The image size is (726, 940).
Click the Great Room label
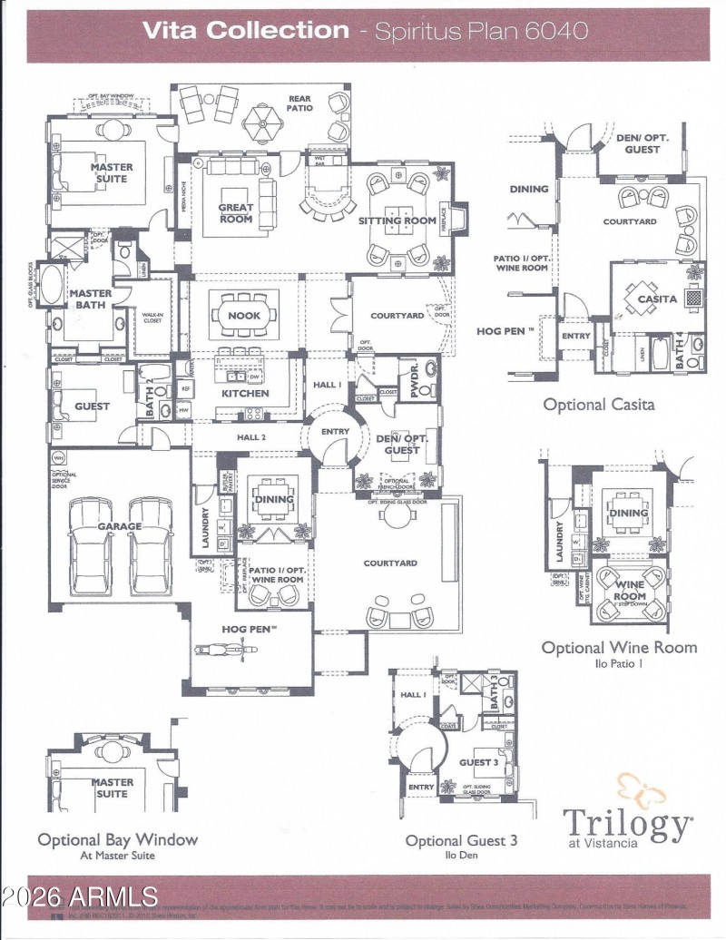coord(235,212)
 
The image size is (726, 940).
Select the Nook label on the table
coord(244,316)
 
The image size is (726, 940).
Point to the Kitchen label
coord(245,394)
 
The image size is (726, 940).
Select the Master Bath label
coord(91,299)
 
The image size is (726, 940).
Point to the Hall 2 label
coord(250,437)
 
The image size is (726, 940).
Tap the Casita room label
coord(656,299)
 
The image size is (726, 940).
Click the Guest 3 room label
coord(477,762)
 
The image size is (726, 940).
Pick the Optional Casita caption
coord(598,405)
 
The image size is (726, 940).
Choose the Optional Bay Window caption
coord(117,839)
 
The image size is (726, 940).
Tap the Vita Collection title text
coord(245,30)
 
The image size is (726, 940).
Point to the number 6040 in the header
coord(556,30)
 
